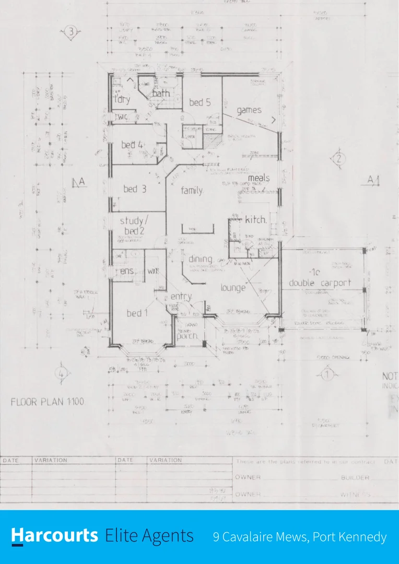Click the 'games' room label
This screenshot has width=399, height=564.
[249, 111]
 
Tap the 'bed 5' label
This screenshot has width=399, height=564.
[199, 103]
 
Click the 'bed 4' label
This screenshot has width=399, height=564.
[132, 145]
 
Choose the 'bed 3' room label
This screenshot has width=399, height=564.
[135, 189]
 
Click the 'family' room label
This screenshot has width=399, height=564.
[192, 191]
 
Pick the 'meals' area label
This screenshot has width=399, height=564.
[259, 178]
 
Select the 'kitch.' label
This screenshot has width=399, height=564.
[255, 220]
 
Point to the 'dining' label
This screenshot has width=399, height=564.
[200, 259]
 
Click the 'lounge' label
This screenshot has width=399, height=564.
[233, 288]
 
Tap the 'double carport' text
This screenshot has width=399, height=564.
[320, 283]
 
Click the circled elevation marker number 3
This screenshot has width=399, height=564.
[71, 32]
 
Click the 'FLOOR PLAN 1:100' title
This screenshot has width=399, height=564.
[48, 402]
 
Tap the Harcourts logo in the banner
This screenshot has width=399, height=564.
[55, 536]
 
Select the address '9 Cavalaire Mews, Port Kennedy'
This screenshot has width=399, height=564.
[300, 537]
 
